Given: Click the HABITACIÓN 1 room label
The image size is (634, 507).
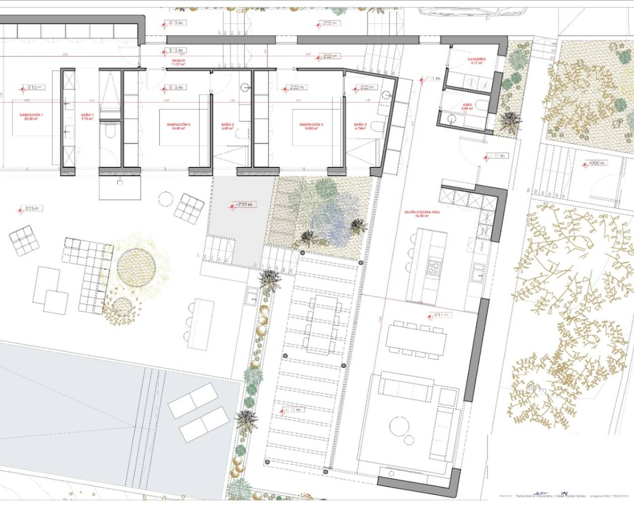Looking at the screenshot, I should tap(31, 117).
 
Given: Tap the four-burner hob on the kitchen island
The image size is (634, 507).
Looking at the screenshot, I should tap(434, 268).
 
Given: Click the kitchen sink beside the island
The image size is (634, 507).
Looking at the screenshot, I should tap(478, 270).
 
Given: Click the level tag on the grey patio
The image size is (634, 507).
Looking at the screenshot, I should tap(243, 204).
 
